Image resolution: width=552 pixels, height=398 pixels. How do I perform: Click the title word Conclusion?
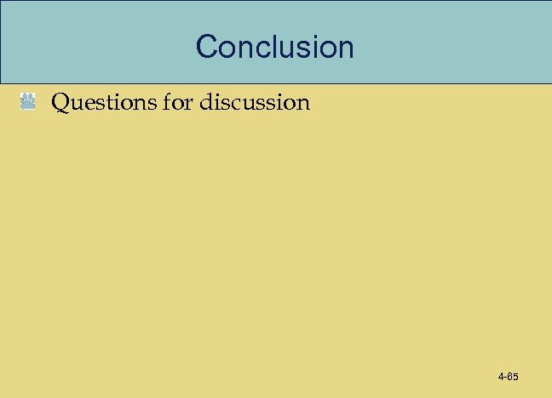[x=274, y=46]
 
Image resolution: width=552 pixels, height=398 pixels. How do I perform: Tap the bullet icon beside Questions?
[x=28, y=104]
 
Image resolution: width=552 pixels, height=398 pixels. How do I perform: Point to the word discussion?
[x=255, y=103]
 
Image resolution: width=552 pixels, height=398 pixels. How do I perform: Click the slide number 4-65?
[x=509, y=376]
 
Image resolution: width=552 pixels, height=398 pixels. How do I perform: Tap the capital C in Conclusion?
[x=207, y=46]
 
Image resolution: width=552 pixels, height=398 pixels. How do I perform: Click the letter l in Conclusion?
[x=279, y=46]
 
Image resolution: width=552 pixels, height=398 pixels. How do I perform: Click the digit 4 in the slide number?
[x=501, y=376]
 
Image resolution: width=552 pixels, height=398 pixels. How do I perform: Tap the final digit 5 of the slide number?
[x=516, y=376]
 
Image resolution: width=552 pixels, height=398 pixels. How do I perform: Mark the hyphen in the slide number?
[x=506, y=377]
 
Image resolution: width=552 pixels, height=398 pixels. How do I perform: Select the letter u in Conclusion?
[x=292, y=47]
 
